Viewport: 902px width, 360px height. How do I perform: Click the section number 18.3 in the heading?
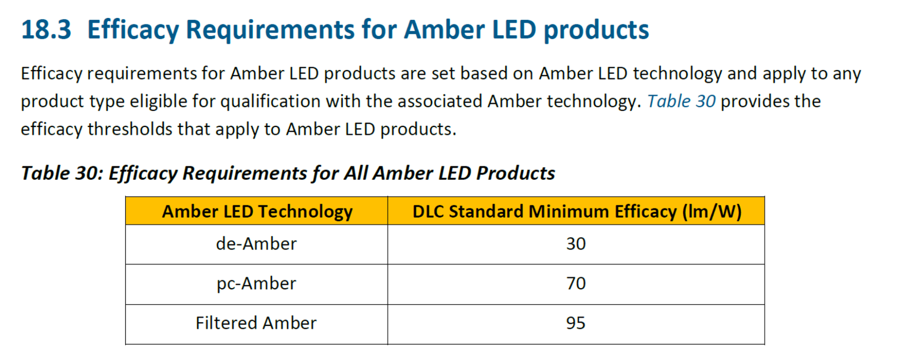pyautogui.click(x=46, y=30)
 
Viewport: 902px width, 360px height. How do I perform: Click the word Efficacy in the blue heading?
pyautogui.click(x=133, y=30)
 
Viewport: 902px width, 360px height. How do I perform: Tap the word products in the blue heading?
pyautogui.click(x=596, y=30)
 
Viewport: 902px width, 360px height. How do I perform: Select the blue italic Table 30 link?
pyautogui.click(x=681, y=101)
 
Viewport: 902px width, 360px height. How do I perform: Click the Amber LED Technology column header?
pyautogui.click(x=257, y=212)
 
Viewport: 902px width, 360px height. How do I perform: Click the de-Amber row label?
pyautogui.click(x=256, y=244)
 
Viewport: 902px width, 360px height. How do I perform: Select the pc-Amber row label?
pyautogui.click(x=256, y=284)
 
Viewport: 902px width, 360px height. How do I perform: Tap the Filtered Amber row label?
pyautogui.click(x=256, y=323)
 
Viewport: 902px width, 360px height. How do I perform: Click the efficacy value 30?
pyautogui.click(x=576, y=244)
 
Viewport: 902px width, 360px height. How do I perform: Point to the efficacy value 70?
pyautogui.click(x=576, y=283)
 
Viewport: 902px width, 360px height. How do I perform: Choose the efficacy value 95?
pyautogui.click(x=576, y=323)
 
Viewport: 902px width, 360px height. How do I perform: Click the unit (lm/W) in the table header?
pyautogui.click(x=712, y=212)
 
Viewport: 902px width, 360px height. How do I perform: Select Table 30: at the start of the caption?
pyautogui.click(x=62, y=173)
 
